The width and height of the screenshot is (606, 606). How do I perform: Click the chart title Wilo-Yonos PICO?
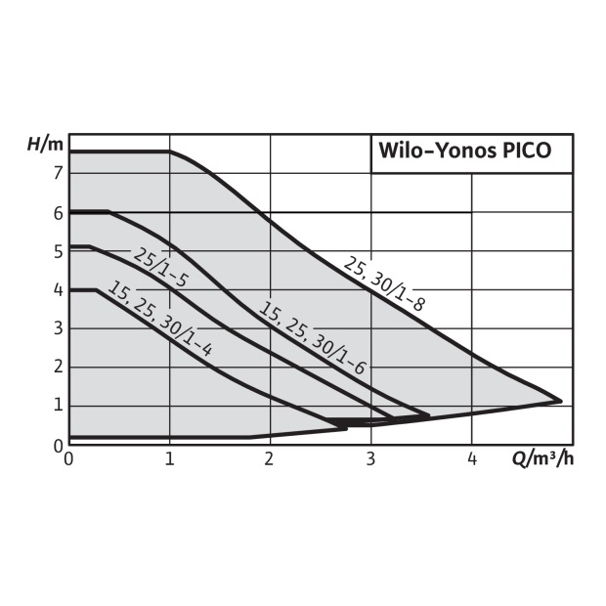pyautogui.click(x=464, y=151)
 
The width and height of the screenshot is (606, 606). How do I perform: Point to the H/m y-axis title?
pyautogui.click(x=45, y=144)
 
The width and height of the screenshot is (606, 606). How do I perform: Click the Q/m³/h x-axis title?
pyautogui.click(x=542, y=458)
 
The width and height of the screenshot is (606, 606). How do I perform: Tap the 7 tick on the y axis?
pyautogui.click(x=58, y=174)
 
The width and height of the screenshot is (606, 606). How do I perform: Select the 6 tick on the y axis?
pyautogui.click(x=59, y=213)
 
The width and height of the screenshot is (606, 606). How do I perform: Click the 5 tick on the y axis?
pyautogui.click(x=59, y=251)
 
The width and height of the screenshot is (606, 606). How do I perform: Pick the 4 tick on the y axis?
pyautogui.click(x=59, y=290)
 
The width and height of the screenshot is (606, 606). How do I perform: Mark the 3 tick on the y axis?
pyautogui.click(x=59, y=328)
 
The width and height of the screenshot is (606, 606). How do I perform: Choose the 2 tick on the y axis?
pyautogui.click(x=59, y=367)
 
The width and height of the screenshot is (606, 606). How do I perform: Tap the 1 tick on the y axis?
pyautogui.click(x=59, y=406)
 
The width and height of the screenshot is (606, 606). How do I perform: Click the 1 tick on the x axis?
pyautogui.click(x=170, y=459)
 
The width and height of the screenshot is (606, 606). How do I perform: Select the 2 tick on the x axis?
pyautogui.click(x=269, y=459)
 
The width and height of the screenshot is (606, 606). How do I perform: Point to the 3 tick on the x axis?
pyautogui.click(x=370, y=459)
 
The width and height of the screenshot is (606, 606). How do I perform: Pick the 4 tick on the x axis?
pyautogui.click(x=472, y=459)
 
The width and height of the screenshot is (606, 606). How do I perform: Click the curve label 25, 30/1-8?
pyautogui.click(x=384, y=284)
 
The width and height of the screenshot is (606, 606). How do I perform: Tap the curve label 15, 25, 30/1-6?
pyautogui.click(x=312, y=338)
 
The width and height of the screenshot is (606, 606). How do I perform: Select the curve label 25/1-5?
pyautogui.click(x=160, y=268)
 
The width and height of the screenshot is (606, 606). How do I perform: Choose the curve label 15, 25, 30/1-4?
pyautogui.click(x=159, y=319)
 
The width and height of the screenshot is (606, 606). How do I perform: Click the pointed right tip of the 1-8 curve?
pyautogui.click(x=562, y=401)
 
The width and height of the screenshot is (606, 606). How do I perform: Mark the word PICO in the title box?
pyautogui.click(x=527, y=151)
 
